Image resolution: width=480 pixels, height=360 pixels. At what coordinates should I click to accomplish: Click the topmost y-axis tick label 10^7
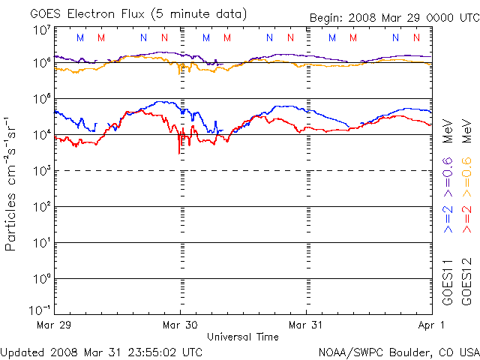point(41,31)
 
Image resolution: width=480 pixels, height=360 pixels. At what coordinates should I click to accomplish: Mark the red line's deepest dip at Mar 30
point(179,153)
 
